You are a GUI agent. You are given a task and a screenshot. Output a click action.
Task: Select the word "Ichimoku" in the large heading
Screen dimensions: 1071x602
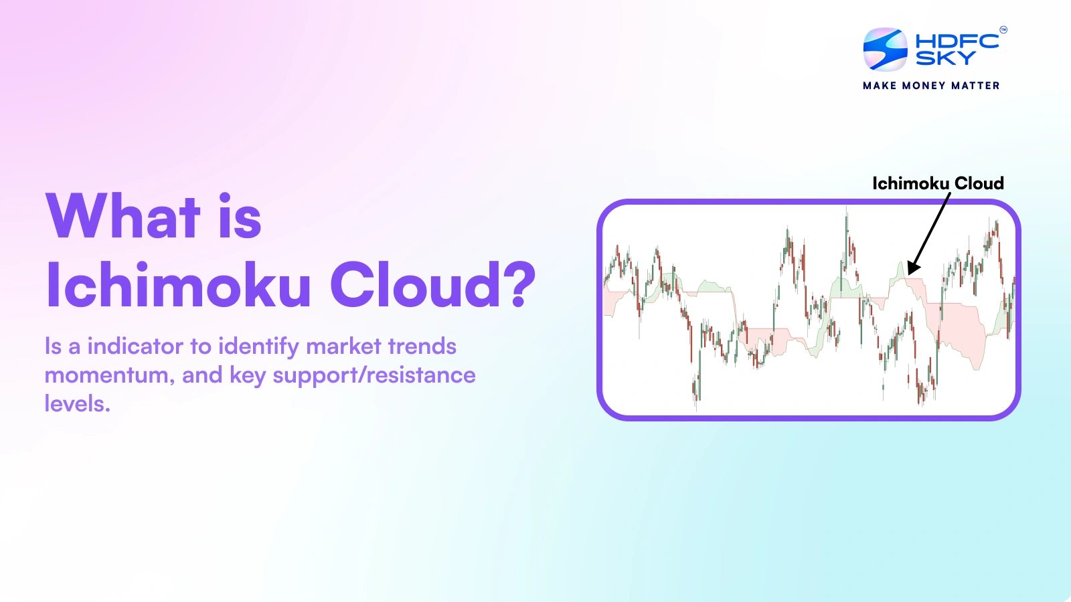coord(178,284)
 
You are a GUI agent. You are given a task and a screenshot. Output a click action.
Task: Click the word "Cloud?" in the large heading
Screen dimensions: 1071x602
coord(432,284)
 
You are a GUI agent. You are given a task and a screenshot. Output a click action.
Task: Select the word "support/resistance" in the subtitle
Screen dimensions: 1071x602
coord(374,375)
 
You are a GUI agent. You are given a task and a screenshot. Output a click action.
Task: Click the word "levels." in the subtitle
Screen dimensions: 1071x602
coord(78,404)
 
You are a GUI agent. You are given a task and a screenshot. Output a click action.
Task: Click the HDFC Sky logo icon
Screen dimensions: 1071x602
coord(885,49)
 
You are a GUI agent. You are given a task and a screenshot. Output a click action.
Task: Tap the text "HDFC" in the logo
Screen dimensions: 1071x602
coord(957,41)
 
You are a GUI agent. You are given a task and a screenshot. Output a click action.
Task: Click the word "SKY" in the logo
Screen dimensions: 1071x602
coord(945,58)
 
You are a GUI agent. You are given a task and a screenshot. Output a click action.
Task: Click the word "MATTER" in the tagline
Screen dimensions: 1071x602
coord(975,86)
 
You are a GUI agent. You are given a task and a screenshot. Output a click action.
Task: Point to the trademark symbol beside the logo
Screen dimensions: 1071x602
coord(1003,30)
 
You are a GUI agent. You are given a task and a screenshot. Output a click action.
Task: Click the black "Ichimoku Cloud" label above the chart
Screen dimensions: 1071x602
coord(938,183)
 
